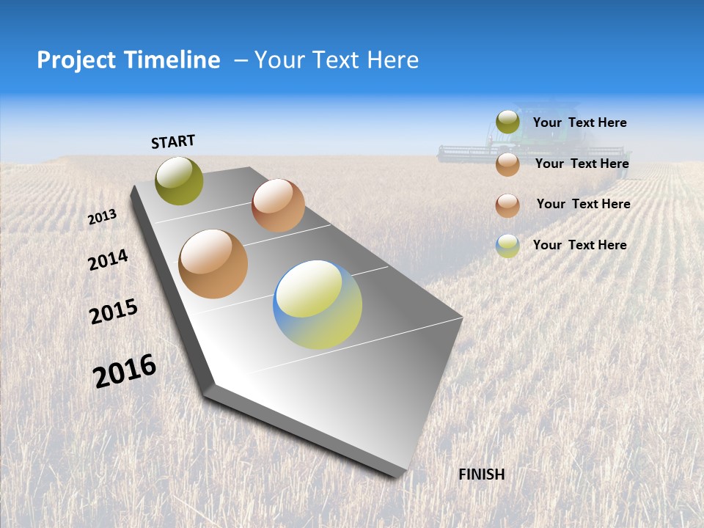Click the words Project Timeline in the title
[128, 60]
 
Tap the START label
[173, 142]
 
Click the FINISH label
[482, 474]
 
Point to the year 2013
[103, 217]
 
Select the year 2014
[109, 260]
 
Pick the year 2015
[114, 312]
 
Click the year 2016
[125, 371]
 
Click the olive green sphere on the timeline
[180, 180]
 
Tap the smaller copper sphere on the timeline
[278, 205]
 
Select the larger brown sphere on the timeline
[213, 264]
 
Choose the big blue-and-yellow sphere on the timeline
[318, 304]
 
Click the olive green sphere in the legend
[507, 122]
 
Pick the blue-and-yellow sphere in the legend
[507, 246]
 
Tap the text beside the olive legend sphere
[579, 123]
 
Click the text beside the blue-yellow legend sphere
[579, 245]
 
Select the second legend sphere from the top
[507, 164]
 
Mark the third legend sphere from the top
[507, 205]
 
